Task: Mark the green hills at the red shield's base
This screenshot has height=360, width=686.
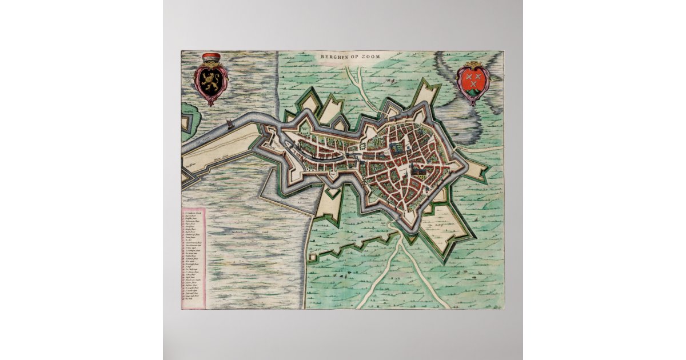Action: [x=473, y=91]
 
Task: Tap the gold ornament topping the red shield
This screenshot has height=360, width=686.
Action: [x=473, y=64]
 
